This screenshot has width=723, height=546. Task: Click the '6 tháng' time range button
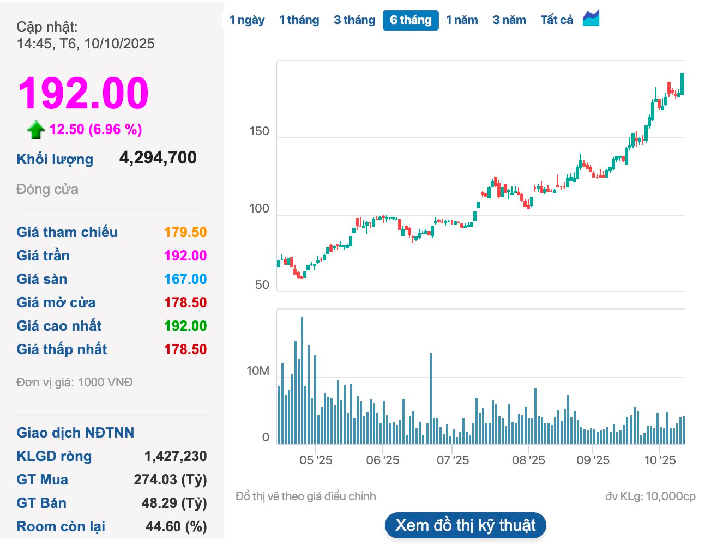click(411, 20)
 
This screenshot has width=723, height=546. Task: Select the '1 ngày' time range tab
click(247, 20)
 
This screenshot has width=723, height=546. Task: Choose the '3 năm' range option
click(509, 20)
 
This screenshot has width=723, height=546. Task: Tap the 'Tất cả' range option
click(556, 20)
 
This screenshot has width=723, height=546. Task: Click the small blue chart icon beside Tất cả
click(591, 18)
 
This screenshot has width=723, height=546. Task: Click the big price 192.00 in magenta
click(83, 93)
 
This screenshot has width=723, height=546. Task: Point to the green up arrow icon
click(36, 130)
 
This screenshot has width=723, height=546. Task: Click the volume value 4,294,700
click(158, 158)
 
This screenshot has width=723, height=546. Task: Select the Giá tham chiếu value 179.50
click(185, 232)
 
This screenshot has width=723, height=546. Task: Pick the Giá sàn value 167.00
click(185, 279)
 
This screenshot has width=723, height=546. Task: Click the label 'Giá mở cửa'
click(56, 302)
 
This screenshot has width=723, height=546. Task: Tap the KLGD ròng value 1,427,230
click(175, 456)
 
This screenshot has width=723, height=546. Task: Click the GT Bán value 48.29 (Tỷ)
click(174, 503)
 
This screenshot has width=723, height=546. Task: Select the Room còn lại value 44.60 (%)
click(176, 526)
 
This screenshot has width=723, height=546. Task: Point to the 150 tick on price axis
click(259, 131)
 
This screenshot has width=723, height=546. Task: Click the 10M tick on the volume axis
click(257, 371)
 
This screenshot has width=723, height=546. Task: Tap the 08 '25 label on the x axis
click(528, 460)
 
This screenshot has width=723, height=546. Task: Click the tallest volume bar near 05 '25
click(302, 381)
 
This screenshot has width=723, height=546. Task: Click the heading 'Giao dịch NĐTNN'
click(75, 433)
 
